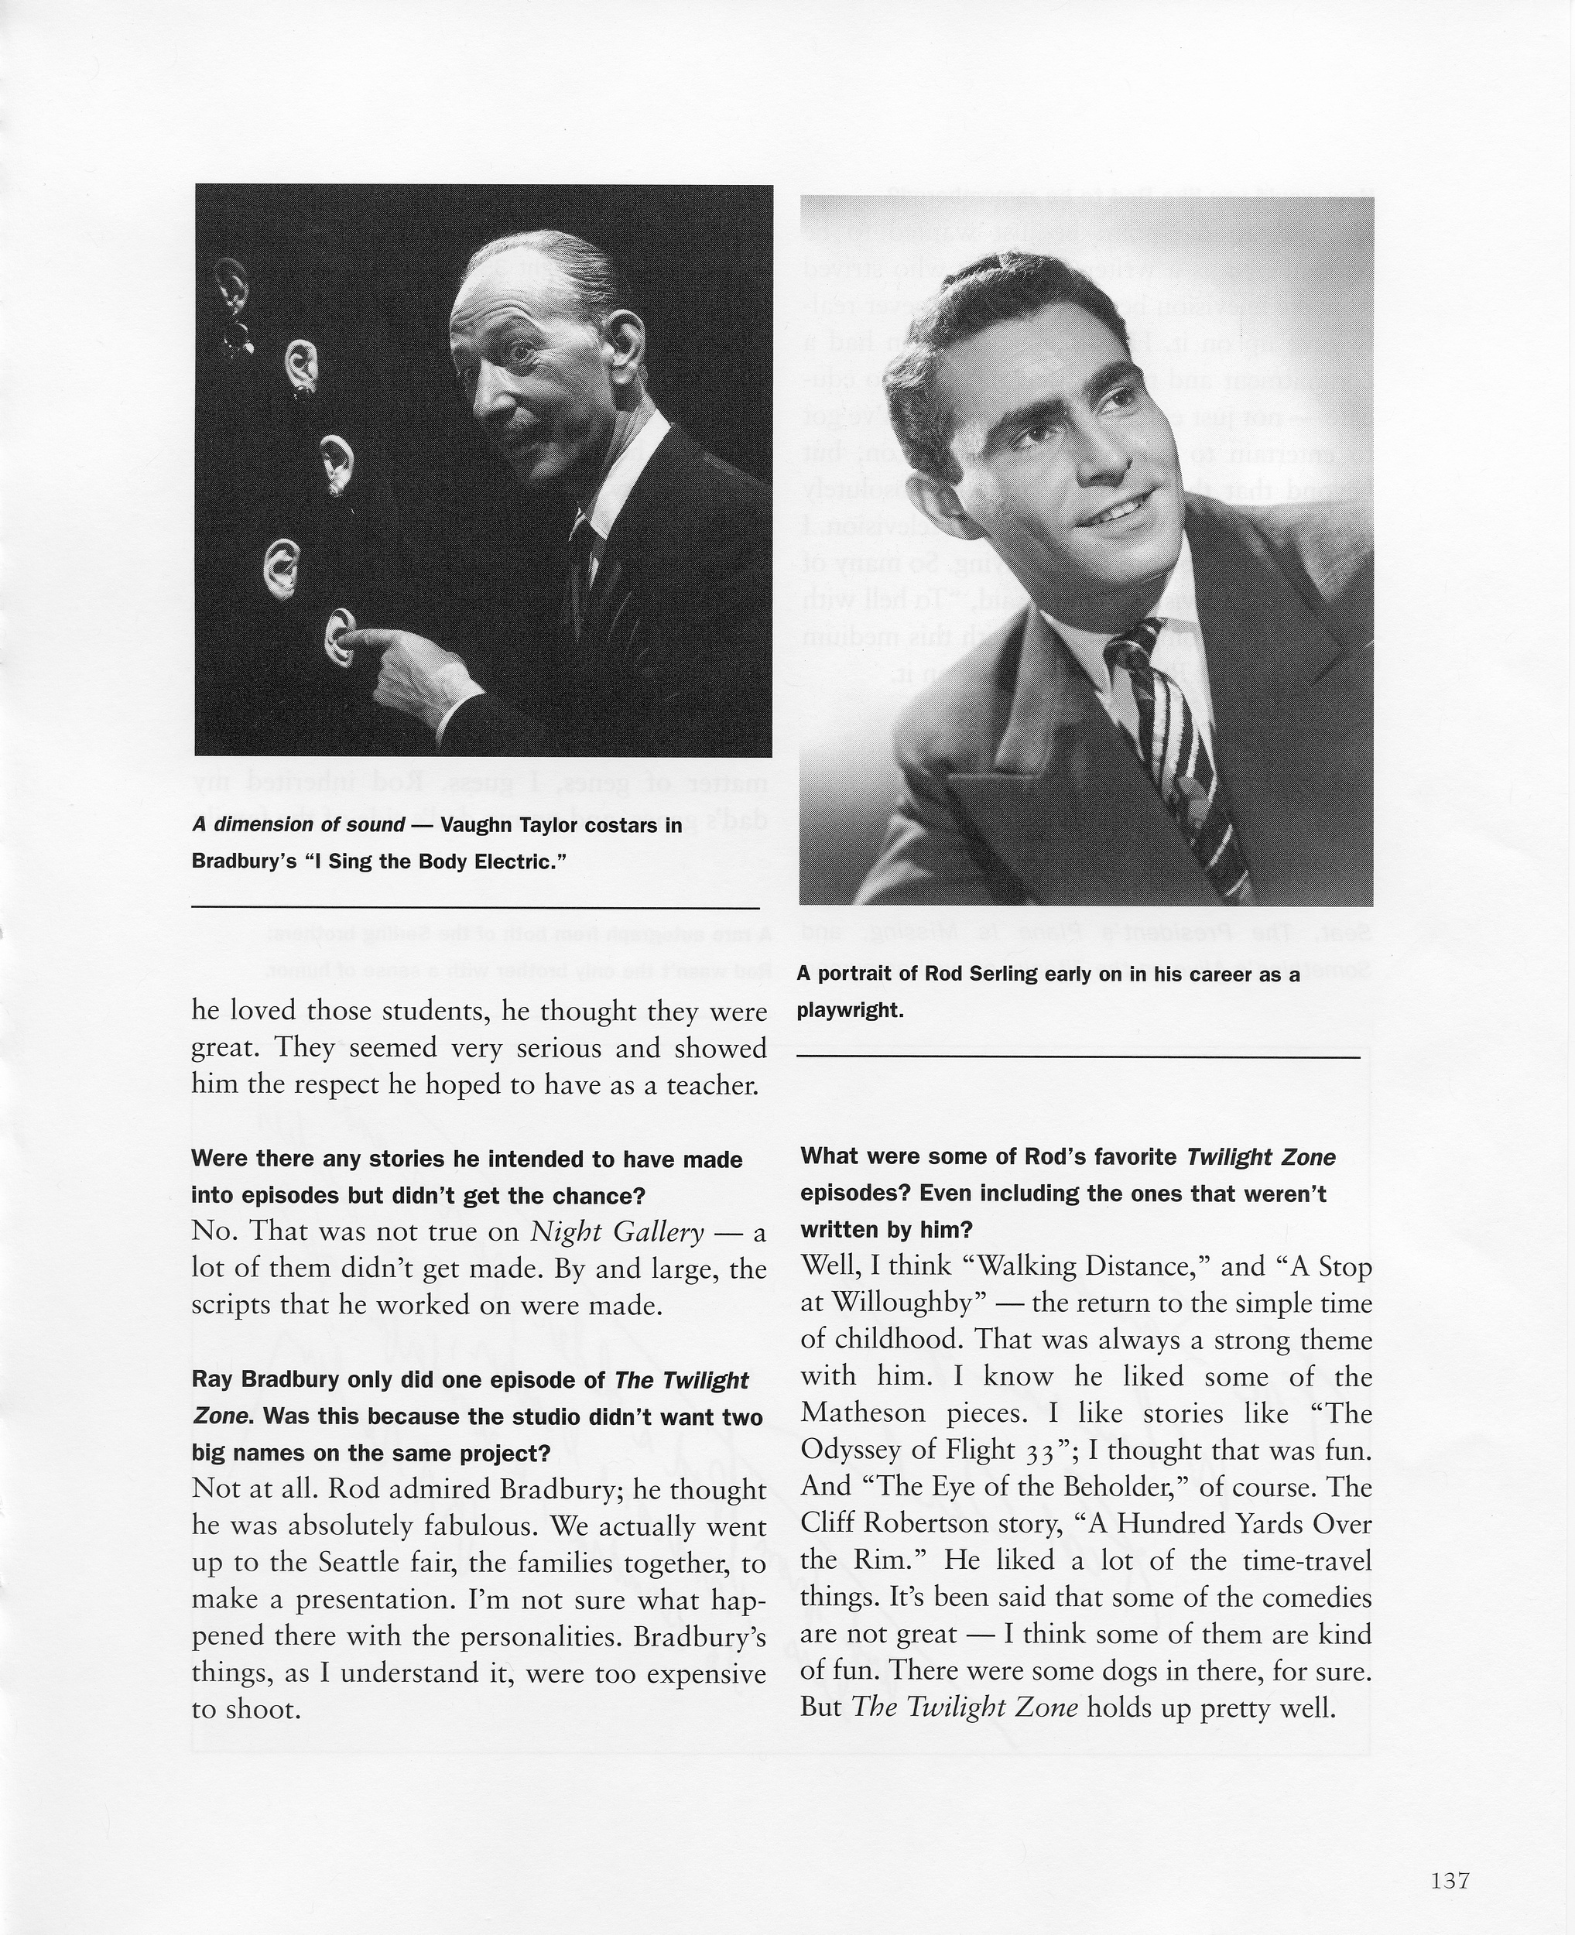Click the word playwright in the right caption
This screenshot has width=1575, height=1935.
(x=849, y=1011)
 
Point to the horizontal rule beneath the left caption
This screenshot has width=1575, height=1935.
(x=475, y=907)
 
